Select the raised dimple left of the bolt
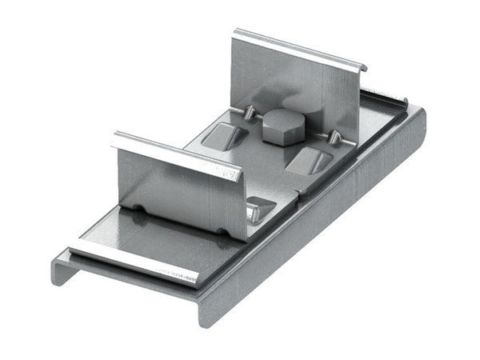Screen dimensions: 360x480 tap(222, 135)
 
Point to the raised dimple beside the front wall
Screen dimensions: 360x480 tap(259, 210)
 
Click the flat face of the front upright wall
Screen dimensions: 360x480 tap(180, 188)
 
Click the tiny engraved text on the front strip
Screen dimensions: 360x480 tap(179, 274)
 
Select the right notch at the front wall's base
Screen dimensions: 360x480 tap(221, 234)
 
